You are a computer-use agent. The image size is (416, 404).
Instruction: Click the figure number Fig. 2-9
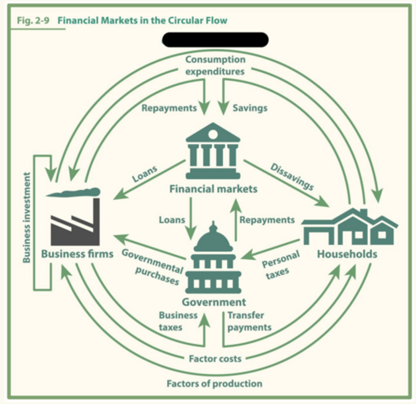click(33, 21)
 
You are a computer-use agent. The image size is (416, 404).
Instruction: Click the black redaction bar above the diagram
click(215, 40)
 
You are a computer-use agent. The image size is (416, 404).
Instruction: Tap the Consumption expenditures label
click(215, 65)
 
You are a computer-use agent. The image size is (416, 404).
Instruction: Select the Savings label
click(250, 108)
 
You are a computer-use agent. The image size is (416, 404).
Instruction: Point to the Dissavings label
click(292, 177)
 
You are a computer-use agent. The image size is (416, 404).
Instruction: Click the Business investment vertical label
click(27, 217)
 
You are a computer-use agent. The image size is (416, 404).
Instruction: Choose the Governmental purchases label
click(152, 267)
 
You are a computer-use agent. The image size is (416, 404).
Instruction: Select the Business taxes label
click(178, 321)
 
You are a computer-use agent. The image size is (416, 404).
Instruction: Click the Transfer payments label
click(249, 321)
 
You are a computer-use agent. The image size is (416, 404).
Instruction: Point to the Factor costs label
click(215, 359)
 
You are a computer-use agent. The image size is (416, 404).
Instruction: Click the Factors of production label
click(215, 384)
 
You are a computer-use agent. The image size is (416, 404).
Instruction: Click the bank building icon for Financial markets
click(213, 150)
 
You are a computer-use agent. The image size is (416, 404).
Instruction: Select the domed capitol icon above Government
click(213, 257)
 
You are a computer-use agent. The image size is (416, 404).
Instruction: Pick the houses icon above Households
click(349, 227)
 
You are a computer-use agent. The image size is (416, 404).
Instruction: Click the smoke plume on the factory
click(73, 192)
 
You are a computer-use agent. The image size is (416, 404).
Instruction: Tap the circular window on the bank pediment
click(213, 134)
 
